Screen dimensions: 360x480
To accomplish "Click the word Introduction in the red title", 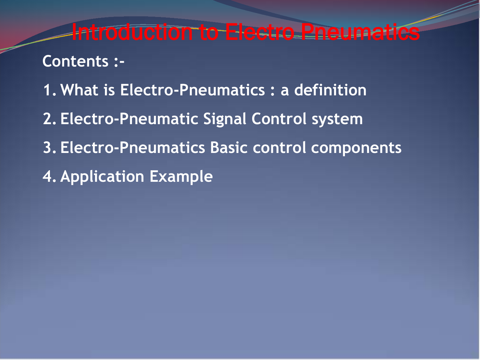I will pos(132,32).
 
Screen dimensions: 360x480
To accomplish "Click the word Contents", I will pos(76,61).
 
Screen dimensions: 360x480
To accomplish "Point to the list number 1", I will pos(48,90).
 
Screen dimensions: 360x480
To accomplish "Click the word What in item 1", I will pos(79,90).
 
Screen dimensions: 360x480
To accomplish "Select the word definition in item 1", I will pos(330,90).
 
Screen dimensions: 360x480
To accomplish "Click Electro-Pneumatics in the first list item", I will pos(192,90).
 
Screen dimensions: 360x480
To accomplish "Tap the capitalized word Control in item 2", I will pos(279,119).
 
